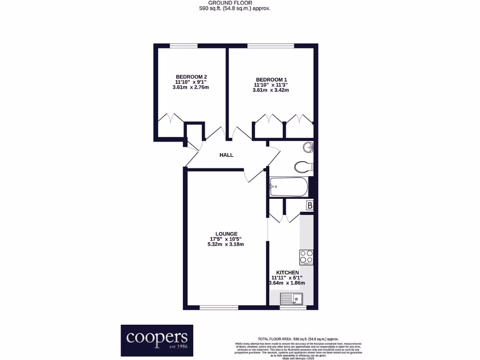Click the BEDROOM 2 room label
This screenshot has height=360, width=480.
[x=191, y=77]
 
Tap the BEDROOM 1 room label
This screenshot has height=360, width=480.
[x=271, y=79]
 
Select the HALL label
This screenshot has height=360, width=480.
[x=226, y=155]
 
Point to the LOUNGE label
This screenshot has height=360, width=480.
[x=226, y=233]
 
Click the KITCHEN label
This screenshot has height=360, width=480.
[x=287, y=272]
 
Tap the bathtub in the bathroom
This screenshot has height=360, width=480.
[x=289, y=187]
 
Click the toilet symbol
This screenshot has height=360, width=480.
[x=304, y=166]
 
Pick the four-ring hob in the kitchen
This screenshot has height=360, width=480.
[x=307, y=257]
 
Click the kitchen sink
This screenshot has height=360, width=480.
[x=292, y=299]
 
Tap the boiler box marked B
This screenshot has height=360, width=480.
[x=309, y=205]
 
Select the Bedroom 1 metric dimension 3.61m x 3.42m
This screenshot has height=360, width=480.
[x=270, y=90]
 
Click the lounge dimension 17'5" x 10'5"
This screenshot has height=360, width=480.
[x=226, y=239]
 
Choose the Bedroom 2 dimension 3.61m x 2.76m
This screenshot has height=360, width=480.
[x=191, y=87]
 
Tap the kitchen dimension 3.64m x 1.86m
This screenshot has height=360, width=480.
[x=287, y=283]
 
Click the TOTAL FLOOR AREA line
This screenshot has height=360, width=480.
[x=298, y=339]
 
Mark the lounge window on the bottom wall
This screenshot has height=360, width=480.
[x=218, y=307]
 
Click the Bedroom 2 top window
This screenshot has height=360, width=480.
[x=183, y=45]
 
